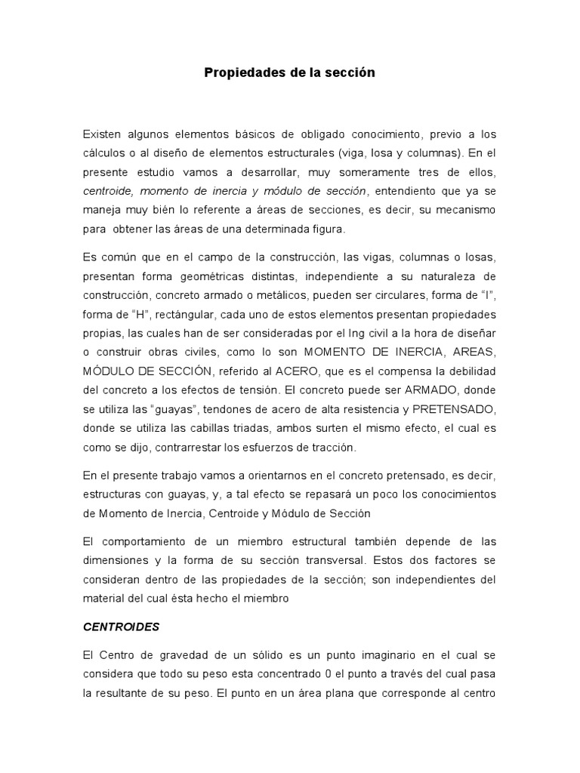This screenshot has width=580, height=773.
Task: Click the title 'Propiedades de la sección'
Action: [x=289, y=73]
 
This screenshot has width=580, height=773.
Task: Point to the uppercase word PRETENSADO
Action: [x=452, y=408]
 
